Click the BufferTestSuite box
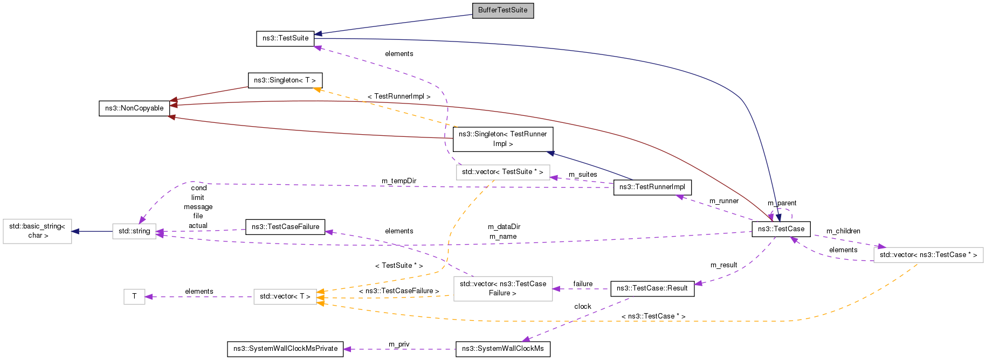(x=502, y=10)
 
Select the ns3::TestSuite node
(x=285, y=38)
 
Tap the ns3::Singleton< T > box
(x=285, y=80)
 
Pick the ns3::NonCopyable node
(x=134, y=108)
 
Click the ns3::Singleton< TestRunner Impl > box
(x=502, y=139)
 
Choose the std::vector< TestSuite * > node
(x=502, y=172)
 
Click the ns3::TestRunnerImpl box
(x=652, y=187)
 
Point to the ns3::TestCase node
(x=781, y=229)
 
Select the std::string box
(x=134, y=231)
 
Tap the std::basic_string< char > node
(x=37, y=231)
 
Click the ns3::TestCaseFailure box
(x=285, y=227)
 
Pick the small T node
(x=134, y=296)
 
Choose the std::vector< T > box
(x=285, y=296)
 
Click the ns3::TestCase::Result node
(x=652, y=288)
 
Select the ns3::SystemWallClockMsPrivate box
(x=285, y=349)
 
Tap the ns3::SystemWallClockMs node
(x=502, y=349)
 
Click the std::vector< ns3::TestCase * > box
(x=928, y=255)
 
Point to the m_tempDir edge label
(x=399, y=181)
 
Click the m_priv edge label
(x=399, y=344)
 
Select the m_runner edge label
(x=723, y=201)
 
